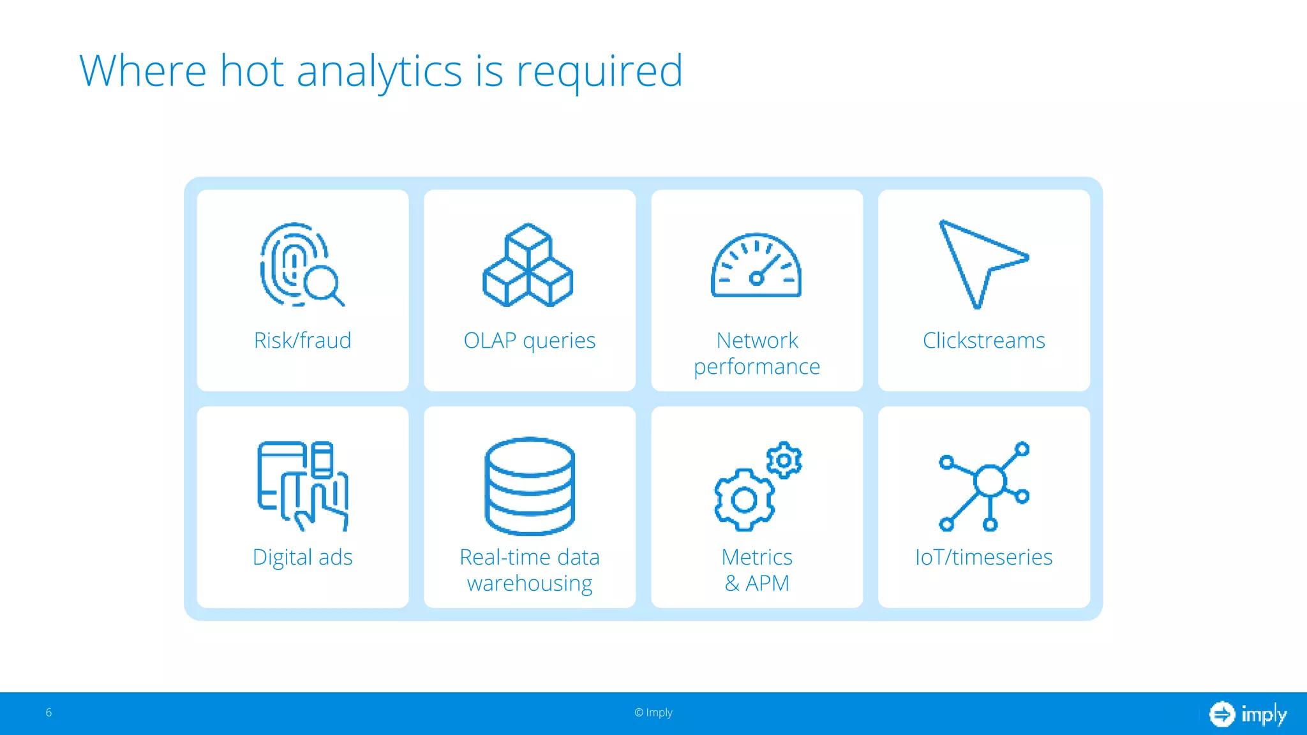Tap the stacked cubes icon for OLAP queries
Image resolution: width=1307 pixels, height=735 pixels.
[x=528, y=265]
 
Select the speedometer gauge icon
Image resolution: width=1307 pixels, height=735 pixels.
[x=756, y=266]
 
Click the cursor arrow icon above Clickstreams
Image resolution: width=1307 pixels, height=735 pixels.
[x=978, y=263]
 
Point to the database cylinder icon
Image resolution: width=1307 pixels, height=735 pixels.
[x=530, y=486]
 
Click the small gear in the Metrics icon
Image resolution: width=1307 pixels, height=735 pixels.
[x=784, y=460]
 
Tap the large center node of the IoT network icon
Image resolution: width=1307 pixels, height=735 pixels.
[x=990, y=481]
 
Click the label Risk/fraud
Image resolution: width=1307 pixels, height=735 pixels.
[x=302, y=340]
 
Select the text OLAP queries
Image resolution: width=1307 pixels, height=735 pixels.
[x=530, y=340]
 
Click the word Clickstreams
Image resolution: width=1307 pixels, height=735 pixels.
[x=983, y=340]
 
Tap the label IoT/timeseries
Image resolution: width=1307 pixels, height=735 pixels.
[x=983, y=557]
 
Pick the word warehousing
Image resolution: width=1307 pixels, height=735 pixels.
[x=530, y=583]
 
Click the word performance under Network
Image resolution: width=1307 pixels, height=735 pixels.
[x=757, y=367]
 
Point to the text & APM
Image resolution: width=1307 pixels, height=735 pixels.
[x=757, y=583]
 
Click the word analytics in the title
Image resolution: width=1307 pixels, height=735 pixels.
[x=379, y=71]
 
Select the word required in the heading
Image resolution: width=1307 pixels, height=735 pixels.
[x=599, y=71]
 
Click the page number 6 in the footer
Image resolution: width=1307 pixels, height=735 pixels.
[x=49, y=713]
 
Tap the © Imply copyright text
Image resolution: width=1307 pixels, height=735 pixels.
[x=653, y=713]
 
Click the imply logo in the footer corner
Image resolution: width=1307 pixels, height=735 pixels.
[x=1248, y=714]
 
